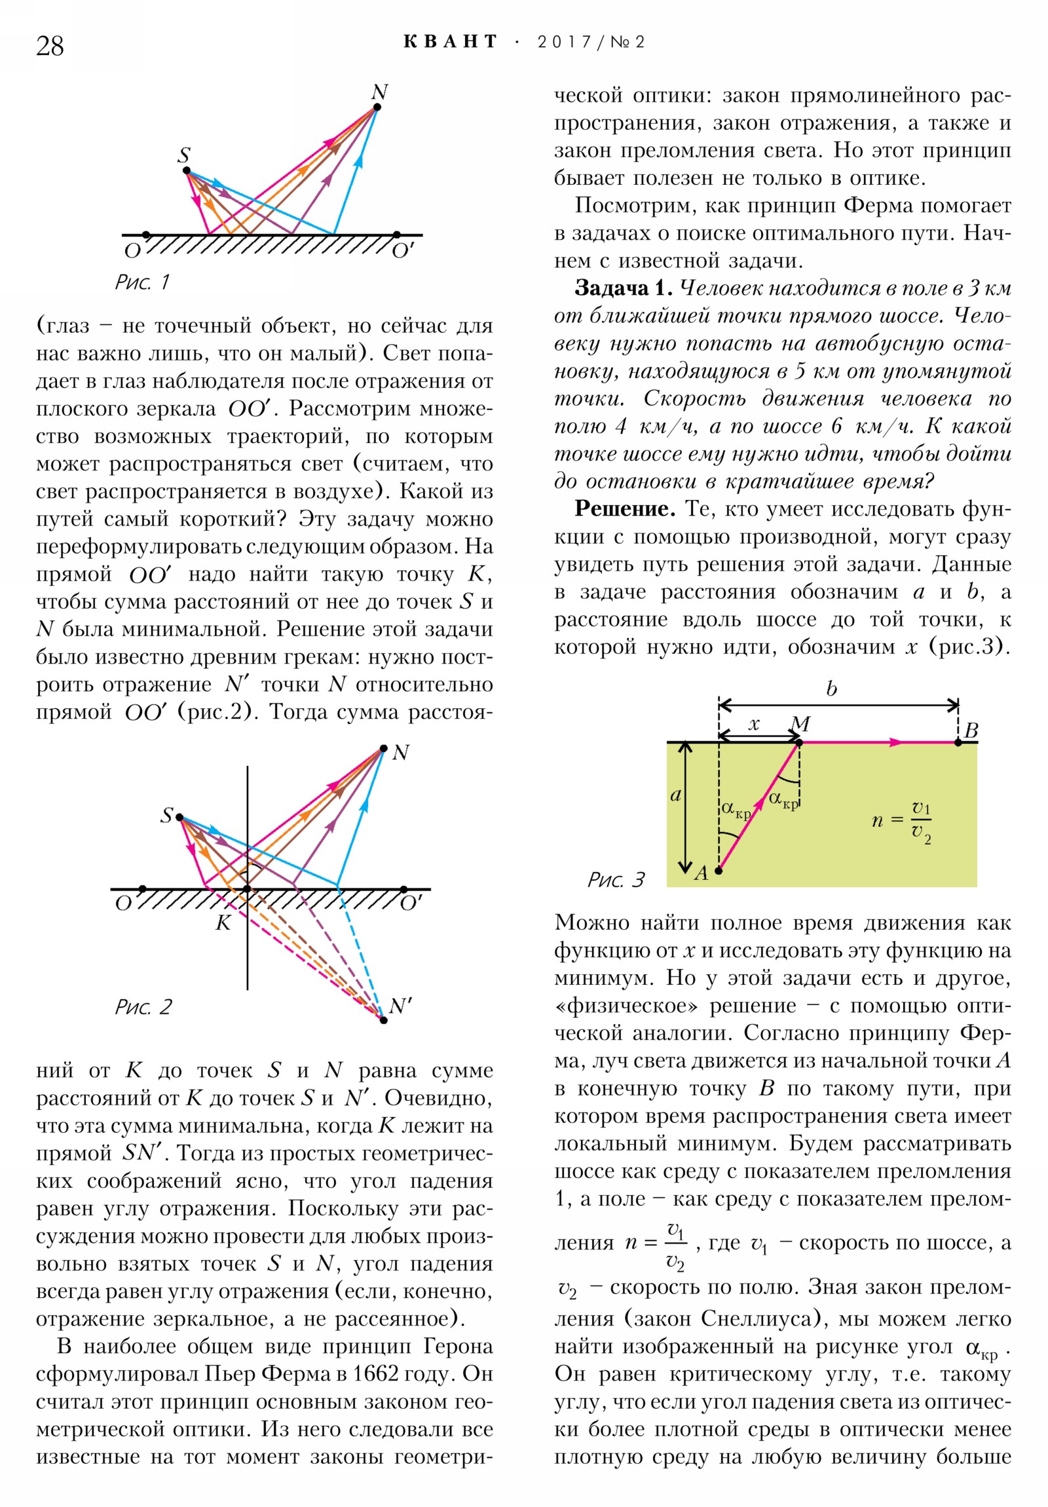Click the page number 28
(x=50, y=46)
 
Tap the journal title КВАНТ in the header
(x=450, y=42)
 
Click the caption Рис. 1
(x=141, y=282)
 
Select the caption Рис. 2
(x=143, y=1007)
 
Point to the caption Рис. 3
(x=616, y=879)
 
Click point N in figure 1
(x=377, y=107)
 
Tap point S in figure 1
(x=187, y=170)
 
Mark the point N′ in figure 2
(x=383, y=1020)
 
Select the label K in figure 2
(x=223, y=923)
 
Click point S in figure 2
(x=179, y=818)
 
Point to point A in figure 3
(x=719, y=871)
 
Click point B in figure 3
(x=958, y=742)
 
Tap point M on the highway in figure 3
(x=799, y=742)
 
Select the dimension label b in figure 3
(x=831, y=689)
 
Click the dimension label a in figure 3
(x=675, y=795)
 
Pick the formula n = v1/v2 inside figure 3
(x=902, y=820)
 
